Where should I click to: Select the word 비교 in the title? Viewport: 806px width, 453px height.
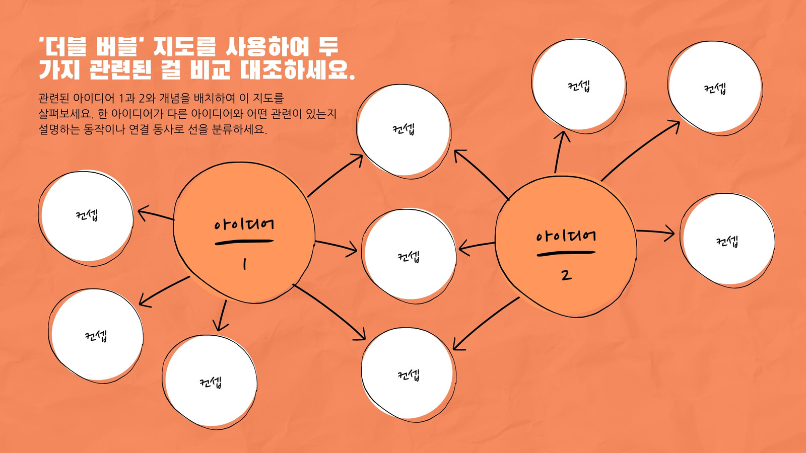point(210,69)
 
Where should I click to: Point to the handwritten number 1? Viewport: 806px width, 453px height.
point(245,265)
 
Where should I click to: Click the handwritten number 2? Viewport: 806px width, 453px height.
point(566,275)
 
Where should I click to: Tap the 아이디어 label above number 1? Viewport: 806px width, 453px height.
point(244,224)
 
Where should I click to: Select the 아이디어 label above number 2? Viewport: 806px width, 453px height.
point(566,236)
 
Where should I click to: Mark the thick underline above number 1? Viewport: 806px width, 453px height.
point(244,242)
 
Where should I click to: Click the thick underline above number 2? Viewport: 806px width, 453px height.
point(566,254)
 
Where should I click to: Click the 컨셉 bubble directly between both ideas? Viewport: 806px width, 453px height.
point(409,256)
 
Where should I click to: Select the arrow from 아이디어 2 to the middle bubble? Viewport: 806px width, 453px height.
point(477,247)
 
